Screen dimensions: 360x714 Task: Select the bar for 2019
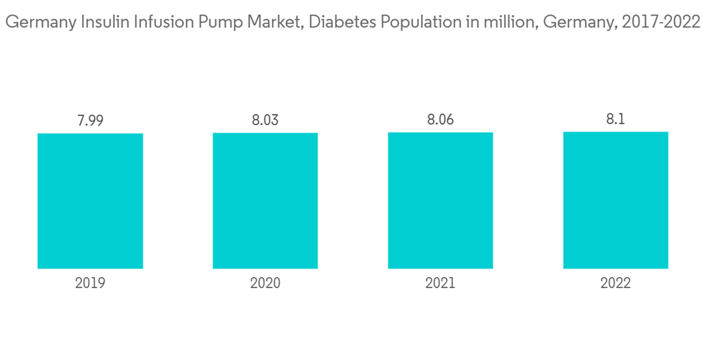[x=90, y=201]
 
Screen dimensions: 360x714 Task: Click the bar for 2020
[x=265, y=201]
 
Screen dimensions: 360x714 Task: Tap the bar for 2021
[x=441, y=201]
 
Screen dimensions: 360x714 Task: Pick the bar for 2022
[x=615, y=200]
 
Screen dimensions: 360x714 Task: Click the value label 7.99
[x=90, y=121]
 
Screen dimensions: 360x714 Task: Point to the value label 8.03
[x=265, y=121]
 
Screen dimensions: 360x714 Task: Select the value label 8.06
[x=441, y=121]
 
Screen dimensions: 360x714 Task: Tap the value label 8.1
[x=615, y=120]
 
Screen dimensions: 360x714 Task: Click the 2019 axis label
[x=90, y=284]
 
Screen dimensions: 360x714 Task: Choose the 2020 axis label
[x=265, y=284]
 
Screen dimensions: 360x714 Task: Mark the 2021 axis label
[x=441, y=284]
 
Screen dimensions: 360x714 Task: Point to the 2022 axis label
[x=615, y=284]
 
